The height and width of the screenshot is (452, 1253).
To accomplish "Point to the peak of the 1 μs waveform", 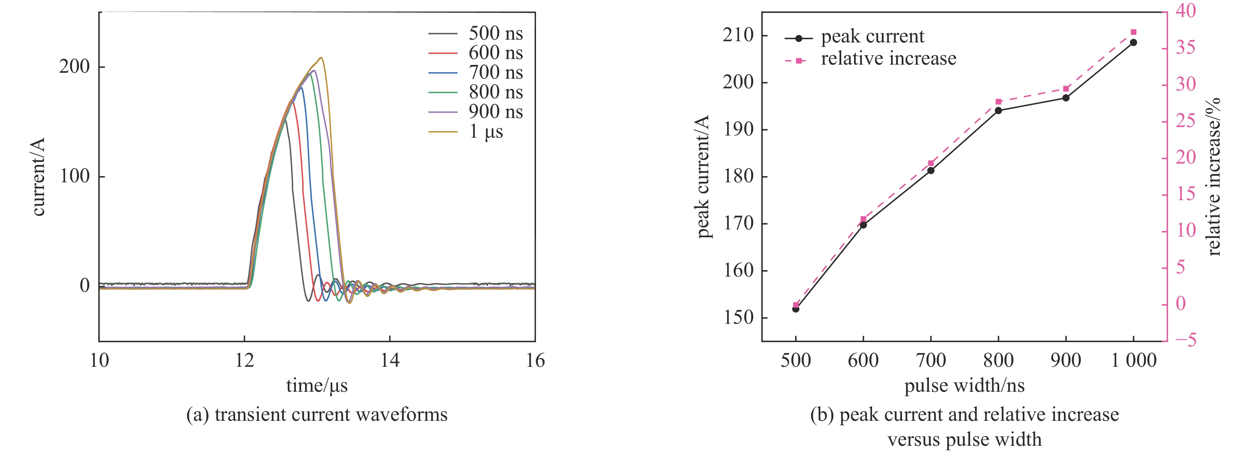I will pos(320,58).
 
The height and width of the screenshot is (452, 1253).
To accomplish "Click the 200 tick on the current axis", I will pos(75,67).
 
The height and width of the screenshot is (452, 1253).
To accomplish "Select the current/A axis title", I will pos(38,177).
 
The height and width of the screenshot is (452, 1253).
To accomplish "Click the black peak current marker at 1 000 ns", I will pos(1133,42).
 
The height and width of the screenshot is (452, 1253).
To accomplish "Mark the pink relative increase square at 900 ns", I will pos(1066,89).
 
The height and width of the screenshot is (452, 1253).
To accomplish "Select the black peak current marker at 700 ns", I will pos(930,170).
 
